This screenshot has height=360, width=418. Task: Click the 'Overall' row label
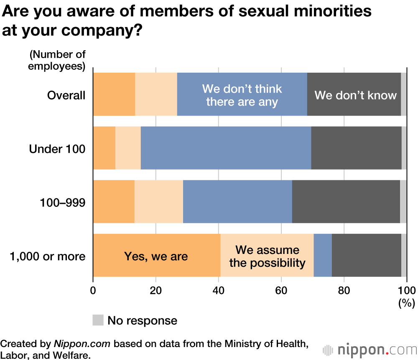click(x=66, y=95)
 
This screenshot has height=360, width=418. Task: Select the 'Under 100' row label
click(x=57, y=149)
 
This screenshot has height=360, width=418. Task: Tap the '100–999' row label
click(x=63, y=203)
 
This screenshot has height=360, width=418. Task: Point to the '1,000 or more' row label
click(x=47, y=256)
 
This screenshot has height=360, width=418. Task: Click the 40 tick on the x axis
click(x=218, y=290)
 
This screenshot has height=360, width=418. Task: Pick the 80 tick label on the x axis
click(x=344, y=290)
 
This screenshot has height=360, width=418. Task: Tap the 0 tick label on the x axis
click(x=93, y=290)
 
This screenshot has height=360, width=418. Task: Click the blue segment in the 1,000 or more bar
click(x=323, y=255)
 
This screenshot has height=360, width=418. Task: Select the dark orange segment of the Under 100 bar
click(x=104, y=148)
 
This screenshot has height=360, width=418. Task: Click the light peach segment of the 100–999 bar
click(x=159, y=202)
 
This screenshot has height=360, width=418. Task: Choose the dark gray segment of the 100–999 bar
click(x=346, y=202)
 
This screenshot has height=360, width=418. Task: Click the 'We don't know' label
click(x=355, y=95)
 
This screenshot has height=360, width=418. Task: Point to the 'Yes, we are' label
click(x=156, y=256)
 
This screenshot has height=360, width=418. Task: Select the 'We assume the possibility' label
click(x=268, y=256)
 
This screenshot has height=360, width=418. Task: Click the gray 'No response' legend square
click(x=98, y=320)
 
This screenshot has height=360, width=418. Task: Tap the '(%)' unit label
click(x=405, y=303)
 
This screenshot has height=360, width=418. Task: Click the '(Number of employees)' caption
click(x=57, y=60)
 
